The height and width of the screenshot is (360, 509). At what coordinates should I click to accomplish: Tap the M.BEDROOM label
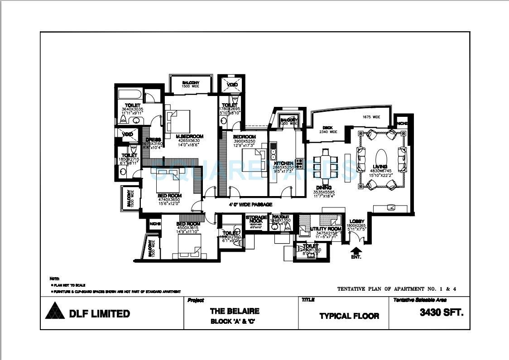coord(190,136)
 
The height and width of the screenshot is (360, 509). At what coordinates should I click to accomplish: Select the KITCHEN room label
coord(283,163)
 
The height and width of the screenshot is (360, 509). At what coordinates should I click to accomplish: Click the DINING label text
coord(324,187)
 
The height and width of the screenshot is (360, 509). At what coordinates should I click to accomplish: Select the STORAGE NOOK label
coord(256,219)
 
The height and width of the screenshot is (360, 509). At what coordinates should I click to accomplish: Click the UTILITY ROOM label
coord(326,229)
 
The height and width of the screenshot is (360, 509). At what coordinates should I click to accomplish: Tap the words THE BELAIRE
coord(235,311)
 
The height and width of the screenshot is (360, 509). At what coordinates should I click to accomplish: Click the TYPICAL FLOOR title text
coord(349,316)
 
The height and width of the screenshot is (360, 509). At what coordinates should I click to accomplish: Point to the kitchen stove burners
coord(299,163)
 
